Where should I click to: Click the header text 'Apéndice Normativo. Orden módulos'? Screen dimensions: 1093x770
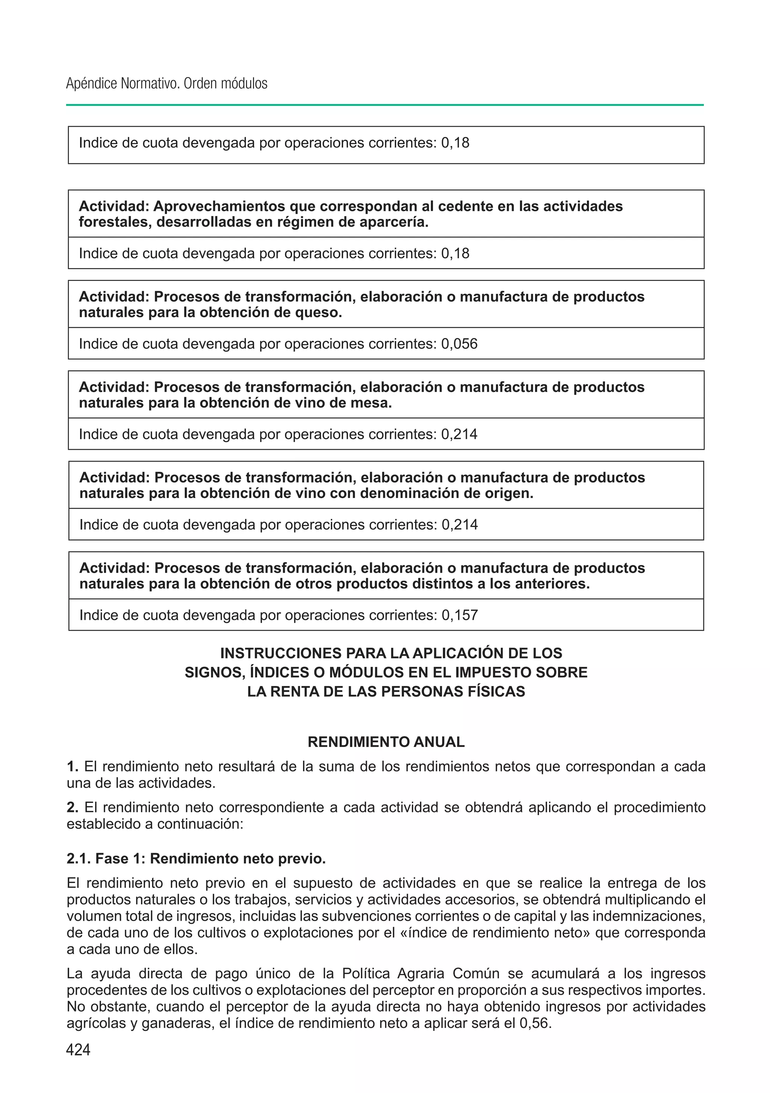coord(167,84)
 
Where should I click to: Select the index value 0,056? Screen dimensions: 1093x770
coord(459,344)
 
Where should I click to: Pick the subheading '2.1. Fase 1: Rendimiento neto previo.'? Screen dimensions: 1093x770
coord(196,859)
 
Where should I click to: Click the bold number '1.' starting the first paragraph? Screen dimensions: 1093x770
coord(72,767)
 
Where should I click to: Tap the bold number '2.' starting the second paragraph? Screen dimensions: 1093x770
coord(72,808)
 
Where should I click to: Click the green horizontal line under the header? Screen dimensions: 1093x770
coord(385,105)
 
